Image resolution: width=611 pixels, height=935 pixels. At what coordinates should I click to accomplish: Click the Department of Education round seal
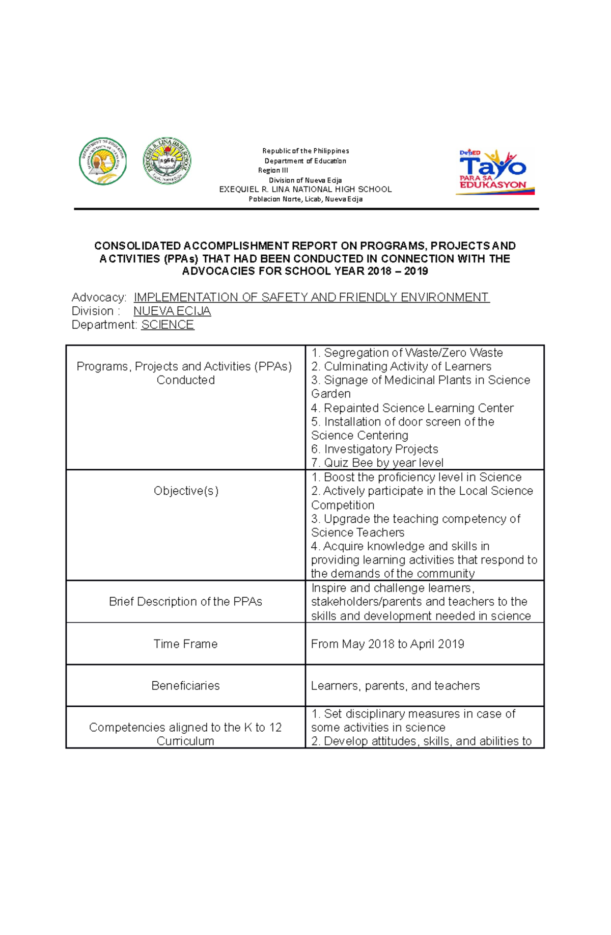(x=103, y=161)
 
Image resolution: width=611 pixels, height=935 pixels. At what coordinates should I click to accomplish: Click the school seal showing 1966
(x=167, y=161)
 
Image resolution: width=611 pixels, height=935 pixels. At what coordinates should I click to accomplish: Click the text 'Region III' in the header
(x=273, y=170)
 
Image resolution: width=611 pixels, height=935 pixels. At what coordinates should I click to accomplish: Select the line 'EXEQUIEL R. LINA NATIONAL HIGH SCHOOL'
(x=305, y=189)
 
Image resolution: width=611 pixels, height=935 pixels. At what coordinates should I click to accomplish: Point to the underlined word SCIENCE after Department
(x=168, y=325)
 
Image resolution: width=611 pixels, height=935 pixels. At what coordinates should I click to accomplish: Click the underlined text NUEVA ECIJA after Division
(x=172, y=311)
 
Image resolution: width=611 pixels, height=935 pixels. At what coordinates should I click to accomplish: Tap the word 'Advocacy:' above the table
(x=99, y=297)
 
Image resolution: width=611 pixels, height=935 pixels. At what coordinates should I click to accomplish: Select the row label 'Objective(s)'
(x=186, y=491)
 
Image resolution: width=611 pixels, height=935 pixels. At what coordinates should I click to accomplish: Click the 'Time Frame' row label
(x=185, y=644)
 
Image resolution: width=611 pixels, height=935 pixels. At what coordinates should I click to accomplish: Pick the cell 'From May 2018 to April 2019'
(x=387, y=644)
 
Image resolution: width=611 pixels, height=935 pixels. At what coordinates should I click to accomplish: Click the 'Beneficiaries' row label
(x=185, y=685)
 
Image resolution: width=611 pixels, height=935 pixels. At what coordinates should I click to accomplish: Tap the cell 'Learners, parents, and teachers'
(x=395, y=685)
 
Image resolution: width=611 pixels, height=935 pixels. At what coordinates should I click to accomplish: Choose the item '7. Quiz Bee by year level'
(x=377, y=463)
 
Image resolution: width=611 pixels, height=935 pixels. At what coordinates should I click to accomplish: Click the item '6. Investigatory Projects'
(x=375, y=449)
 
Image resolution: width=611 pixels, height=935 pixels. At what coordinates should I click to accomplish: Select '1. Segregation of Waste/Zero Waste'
(x=407, y=353)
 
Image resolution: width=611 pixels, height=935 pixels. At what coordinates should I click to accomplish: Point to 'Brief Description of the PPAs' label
(x=185, y=601)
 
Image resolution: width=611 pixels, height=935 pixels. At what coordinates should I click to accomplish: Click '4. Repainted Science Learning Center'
(x=412, y=408)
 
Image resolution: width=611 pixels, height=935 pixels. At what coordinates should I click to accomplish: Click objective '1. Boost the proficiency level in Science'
(x=416, y=477)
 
